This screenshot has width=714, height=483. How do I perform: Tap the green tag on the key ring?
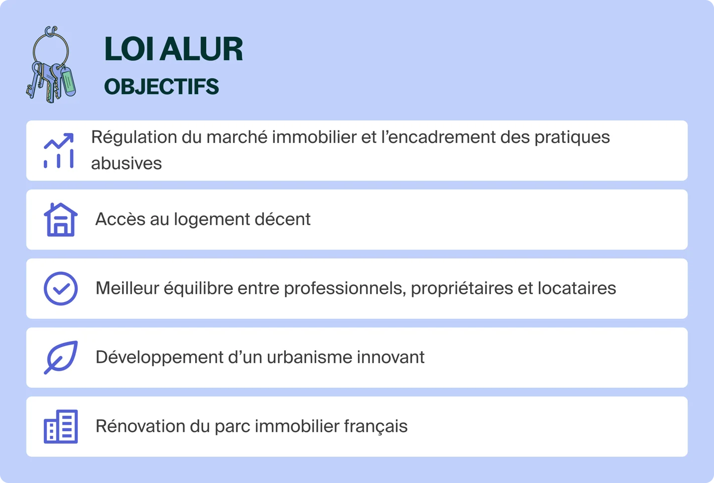coord(68,82)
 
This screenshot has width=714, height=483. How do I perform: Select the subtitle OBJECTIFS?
coord(161,87)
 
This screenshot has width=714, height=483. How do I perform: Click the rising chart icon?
coord(59,150)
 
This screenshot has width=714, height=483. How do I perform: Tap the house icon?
coord(60,220)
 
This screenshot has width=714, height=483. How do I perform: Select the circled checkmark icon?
coord(60,288)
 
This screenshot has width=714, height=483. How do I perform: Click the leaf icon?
coord(60,357)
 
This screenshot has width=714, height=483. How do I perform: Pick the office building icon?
coord(60,426)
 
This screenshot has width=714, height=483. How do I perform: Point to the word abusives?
coord(126,163)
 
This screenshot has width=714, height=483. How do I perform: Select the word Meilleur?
coord(127,288)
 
